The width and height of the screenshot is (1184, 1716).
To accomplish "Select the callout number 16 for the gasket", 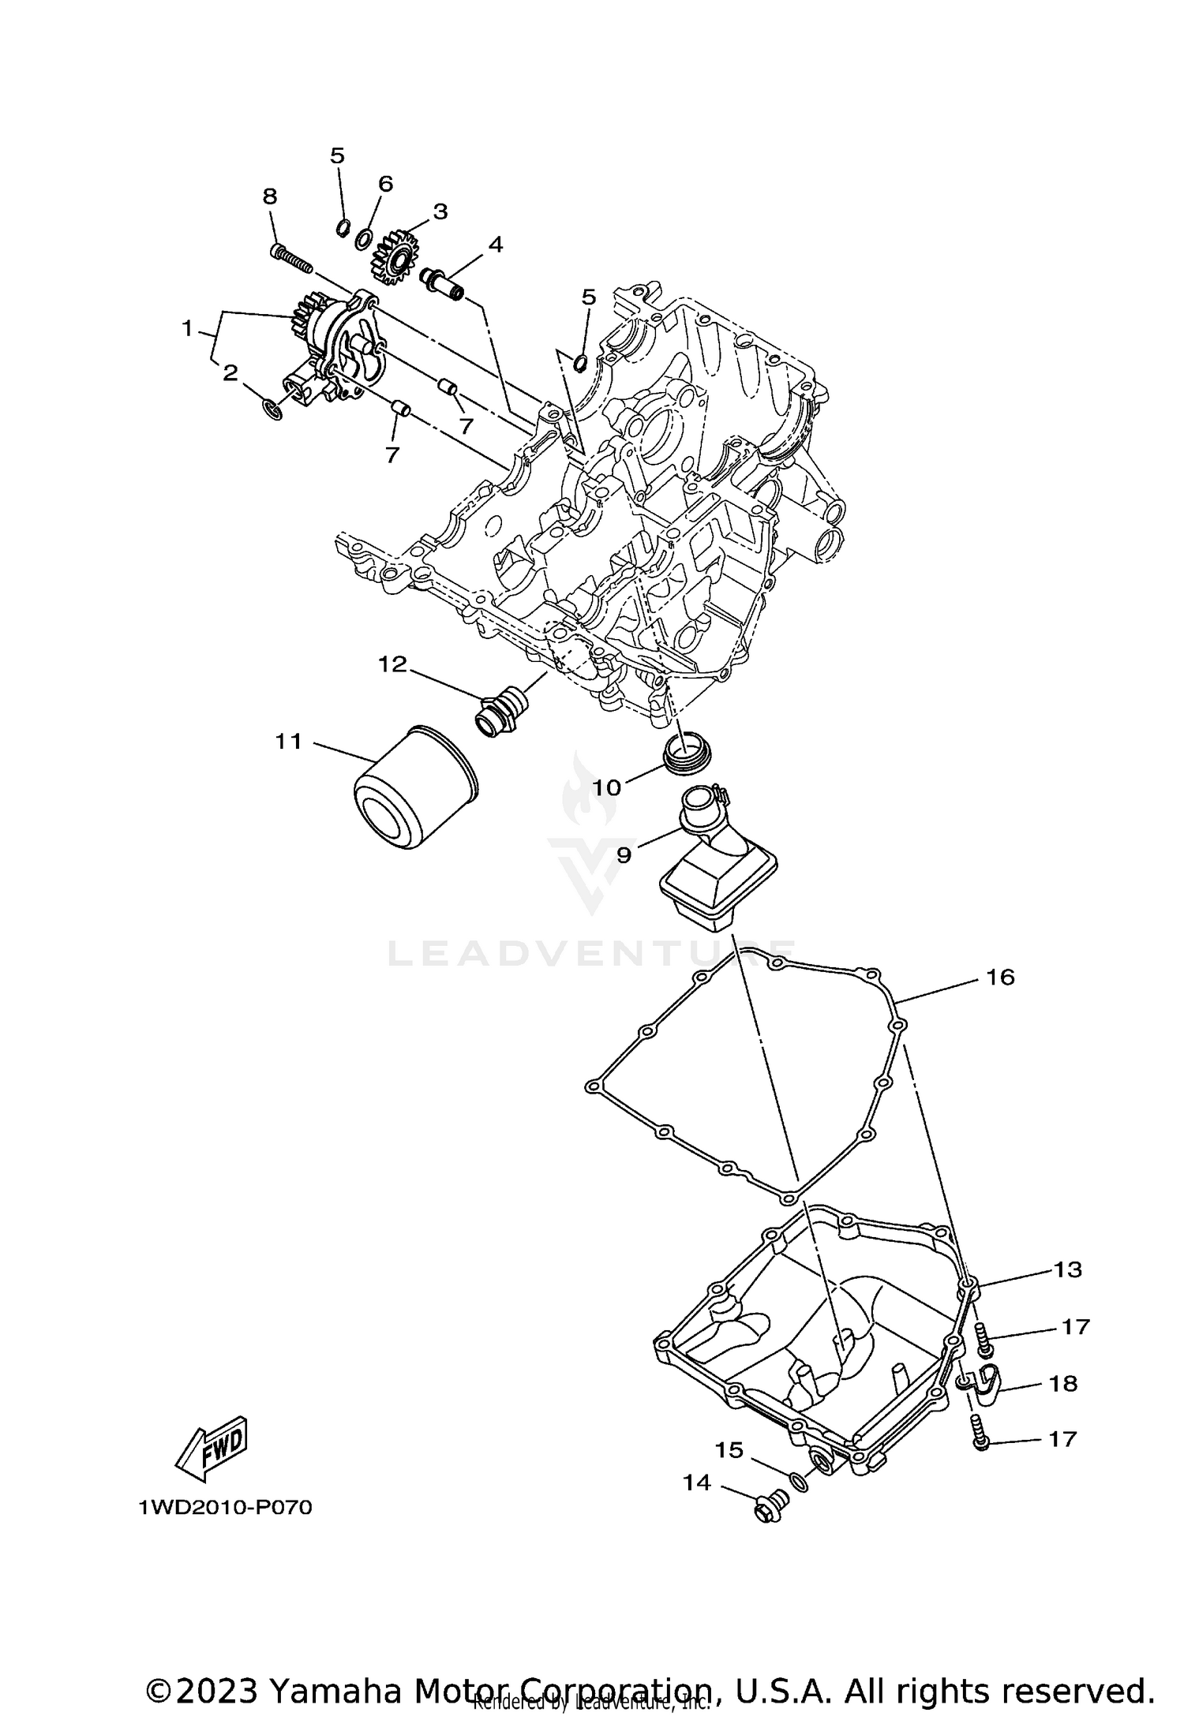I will [999, 978].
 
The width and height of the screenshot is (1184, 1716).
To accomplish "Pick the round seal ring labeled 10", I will [686, 749].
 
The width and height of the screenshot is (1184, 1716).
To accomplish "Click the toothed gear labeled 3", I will [394, 258].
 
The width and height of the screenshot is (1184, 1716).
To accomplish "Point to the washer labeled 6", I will [364, 237].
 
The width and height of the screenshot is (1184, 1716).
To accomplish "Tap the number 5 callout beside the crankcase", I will [588, 297].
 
